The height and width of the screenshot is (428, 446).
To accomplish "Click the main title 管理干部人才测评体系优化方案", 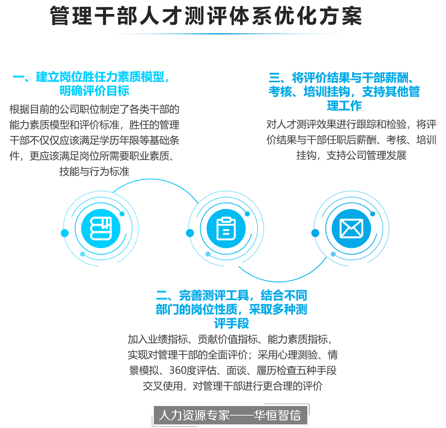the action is pos(206,16).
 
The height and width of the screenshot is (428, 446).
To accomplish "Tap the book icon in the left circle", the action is pos(101,229).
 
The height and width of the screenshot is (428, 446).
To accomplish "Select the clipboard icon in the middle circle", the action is pos(226,229).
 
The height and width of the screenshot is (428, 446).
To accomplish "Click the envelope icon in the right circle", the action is pos(351,229).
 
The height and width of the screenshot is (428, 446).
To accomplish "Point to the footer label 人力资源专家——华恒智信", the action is pos(229,415).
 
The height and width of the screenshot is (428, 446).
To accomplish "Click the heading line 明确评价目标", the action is pos(94,91).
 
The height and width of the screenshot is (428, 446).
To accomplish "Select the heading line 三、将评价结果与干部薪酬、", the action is pos(344,77).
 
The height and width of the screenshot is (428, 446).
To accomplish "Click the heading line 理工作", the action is pos(344,106).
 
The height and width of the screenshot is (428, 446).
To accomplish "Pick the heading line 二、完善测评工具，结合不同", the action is pos(231,296).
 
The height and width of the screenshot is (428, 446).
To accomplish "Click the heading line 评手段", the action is pos(231,324).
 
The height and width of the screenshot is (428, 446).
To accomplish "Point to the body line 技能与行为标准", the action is pos(94,171).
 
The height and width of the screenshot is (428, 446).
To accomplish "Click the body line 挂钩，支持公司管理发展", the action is pos(351,155).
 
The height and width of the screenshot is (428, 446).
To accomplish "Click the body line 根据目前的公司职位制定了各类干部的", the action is pos(94,109).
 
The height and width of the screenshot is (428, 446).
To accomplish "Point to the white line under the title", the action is pos(226,34).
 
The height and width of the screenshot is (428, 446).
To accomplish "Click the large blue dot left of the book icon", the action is pos(65,233).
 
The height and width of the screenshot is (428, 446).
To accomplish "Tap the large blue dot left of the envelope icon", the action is pos(315,233).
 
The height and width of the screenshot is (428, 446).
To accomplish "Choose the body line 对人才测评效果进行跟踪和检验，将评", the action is pos(351,124).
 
